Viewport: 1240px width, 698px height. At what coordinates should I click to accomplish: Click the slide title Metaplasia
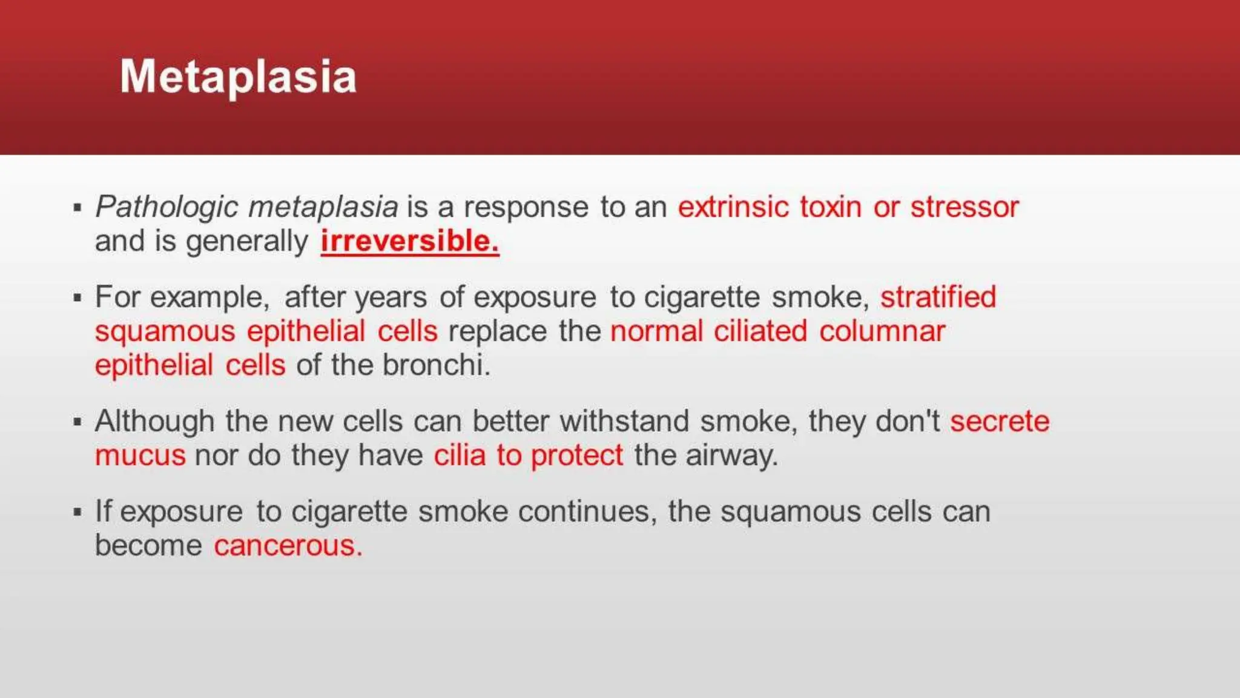pos(238,77)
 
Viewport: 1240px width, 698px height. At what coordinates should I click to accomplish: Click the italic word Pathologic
pos(167,207)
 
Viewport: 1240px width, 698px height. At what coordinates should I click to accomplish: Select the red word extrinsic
pos(733,207)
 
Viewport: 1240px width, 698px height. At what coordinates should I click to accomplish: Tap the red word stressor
pos(965,207)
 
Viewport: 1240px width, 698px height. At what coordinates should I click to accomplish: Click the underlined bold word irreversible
pos(409,241)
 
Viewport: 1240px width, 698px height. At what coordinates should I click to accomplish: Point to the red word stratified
pos(937,297)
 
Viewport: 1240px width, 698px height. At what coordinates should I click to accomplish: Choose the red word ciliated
pos(760,331)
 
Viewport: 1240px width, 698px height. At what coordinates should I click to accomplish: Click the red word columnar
pos(882,331)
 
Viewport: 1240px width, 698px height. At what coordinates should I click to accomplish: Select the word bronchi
pos(436,365)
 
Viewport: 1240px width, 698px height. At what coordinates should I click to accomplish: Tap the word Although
pos(154,422)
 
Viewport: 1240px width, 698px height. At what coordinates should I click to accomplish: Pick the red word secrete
pos(999,422)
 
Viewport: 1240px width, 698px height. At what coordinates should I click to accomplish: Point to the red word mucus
pos(140,456)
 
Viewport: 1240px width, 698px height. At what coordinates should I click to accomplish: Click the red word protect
pos(576,456)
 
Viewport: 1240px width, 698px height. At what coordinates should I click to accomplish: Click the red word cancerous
pos(288,546)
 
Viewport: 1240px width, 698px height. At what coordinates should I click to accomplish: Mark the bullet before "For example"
pos(77,297)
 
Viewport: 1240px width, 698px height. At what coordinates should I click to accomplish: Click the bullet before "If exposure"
pos(77,512)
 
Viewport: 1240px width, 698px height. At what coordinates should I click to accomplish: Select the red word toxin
pos(830,207)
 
